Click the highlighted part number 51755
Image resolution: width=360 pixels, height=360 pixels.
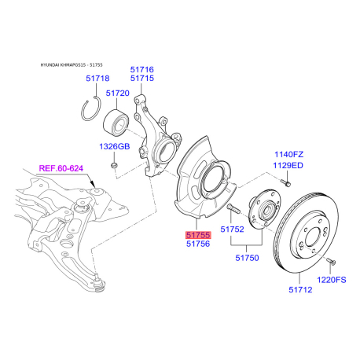(198, 235)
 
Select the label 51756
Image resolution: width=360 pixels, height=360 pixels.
(198, 244)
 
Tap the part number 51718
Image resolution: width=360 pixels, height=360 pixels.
(97, 79)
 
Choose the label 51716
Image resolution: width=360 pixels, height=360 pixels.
(142, 69)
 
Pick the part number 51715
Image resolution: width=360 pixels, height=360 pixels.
(142, 78)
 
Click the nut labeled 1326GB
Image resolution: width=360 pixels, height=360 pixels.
(114, 165)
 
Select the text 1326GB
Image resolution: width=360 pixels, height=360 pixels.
(115, 146)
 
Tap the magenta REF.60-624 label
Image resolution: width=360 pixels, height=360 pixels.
(61, 168)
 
